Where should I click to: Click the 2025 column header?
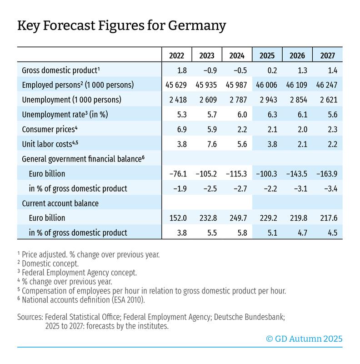268,56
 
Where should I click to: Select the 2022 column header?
177,56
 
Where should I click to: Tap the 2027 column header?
328,56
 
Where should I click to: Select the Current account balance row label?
60,203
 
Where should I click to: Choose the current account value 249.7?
237,217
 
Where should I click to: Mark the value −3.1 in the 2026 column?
297,188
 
